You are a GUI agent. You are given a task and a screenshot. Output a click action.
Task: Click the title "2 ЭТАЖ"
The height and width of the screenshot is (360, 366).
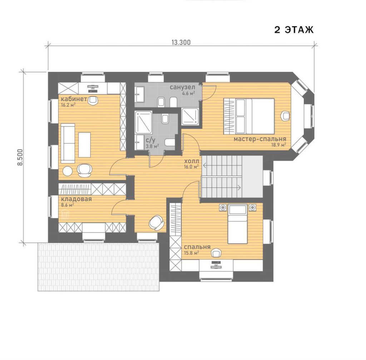pyautogui.click(x=294, y=30)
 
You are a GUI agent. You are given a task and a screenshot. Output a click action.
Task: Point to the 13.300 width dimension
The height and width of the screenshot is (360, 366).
pyautogui.click(x=181, y=42)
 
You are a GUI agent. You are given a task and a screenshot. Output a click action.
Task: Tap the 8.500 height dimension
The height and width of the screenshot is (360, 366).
pyautogui.click(x=20, y=157)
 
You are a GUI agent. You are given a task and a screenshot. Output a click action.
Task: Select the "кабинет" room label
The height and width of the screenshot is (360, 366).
pyautogui.click(x=74, y=99)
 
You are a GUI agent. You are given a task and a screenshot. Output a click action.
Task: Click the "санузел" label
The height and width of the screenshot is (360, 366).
pyautogui.click(x=182, y=87)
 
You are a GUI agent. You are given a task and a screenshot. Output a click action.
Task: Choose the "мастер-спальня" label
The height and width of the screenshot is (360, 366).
pyautogui.click(x=260, y=139)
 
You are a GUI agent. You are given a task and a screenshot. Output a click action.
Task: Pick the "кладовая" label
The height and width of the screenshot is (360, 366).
pyautogui.click(x=76, y=199)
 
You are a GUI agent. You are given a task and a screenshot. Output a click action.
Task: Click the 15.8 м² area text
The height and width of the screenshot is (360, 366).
pyautogui.click(x=192, y=253)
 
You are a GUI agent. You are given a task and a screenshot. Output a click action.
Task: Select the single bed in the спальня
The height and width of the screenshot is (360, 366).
pyautogui.click(x=237, y=224)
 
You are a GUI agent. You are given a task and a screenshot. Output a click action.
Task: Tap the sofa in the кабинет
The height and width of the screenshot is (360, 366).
pyautogui.click(x=68, y=143)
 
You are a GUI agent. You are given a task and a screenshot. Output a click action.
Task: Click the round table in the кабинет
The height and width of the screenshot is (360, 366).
pyautogui.click(x=68, y=171)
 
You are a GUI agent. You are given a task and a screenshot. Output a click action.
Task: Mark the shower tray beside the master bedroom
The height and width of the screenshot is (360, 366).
pyautogui.click(x=190, y=116)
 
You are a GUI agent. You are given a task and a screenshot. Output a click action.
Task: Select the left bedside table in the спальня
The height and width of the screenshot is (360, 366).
pyautogui.click(x=223, y=207)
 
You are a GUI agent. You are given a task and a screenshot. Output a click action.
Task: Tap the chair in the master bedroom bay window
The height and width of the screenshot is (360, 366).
pyautogui.click(x=285, y=116)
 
